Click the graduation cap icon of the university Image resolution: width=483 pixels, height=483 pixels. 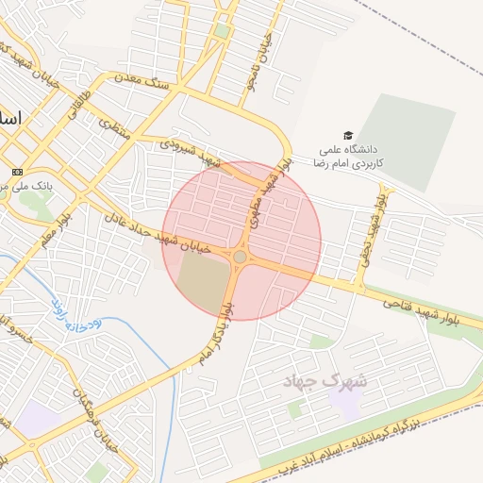point(347,136)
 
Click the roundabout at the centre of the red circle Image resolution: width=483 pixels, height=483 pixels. point(241,257)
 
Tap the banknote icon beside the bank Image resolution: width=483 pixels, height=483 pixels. point(17,172)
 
